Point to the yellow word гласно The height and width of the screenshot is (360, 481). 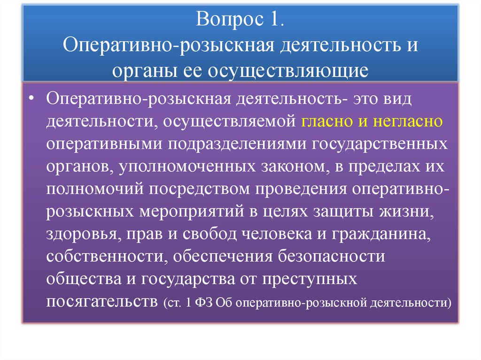tap(325, 122)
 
